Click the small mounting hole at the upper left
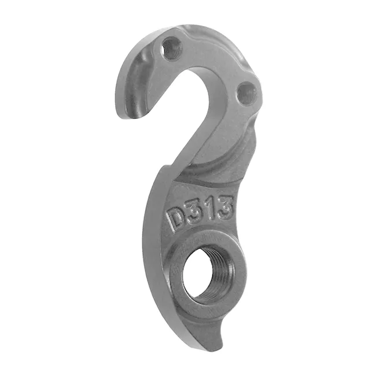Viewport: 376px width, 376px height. point(172,48)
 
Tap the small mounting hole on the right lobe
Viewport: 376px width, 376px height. point(248,94)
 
